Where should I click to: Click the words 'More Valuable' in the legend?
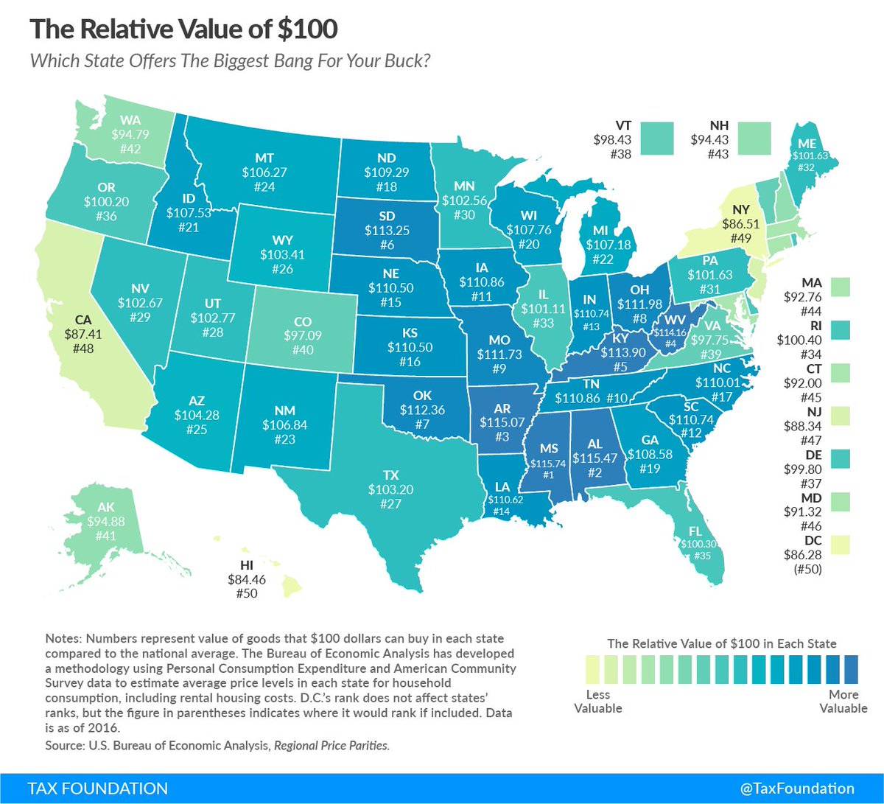click(x=843, y=701)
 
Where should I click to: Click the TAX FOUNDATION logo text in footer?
click(x=98, y=788)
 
